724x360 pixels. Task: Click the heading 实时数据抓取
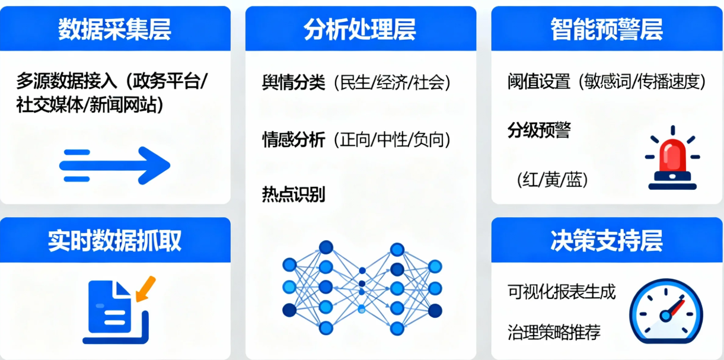(x=114, y=241)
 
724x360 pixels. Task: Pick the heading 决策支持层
(x=606, y=241)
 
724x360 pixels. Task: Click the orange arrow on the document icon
(x=145, y=288)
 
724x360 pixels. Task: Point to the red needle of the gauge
(x=676, y=308)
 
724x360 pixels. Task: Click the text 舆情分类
(x=294, y=84)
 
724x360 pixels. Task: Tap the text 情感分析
(x=294, y=140)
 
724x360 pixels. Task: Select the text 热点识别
(x=294, y=195)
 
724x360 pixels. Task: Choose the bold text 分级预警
(x=538, y=131)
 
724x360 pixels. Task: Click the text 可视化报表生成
(x=562, y=292)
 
